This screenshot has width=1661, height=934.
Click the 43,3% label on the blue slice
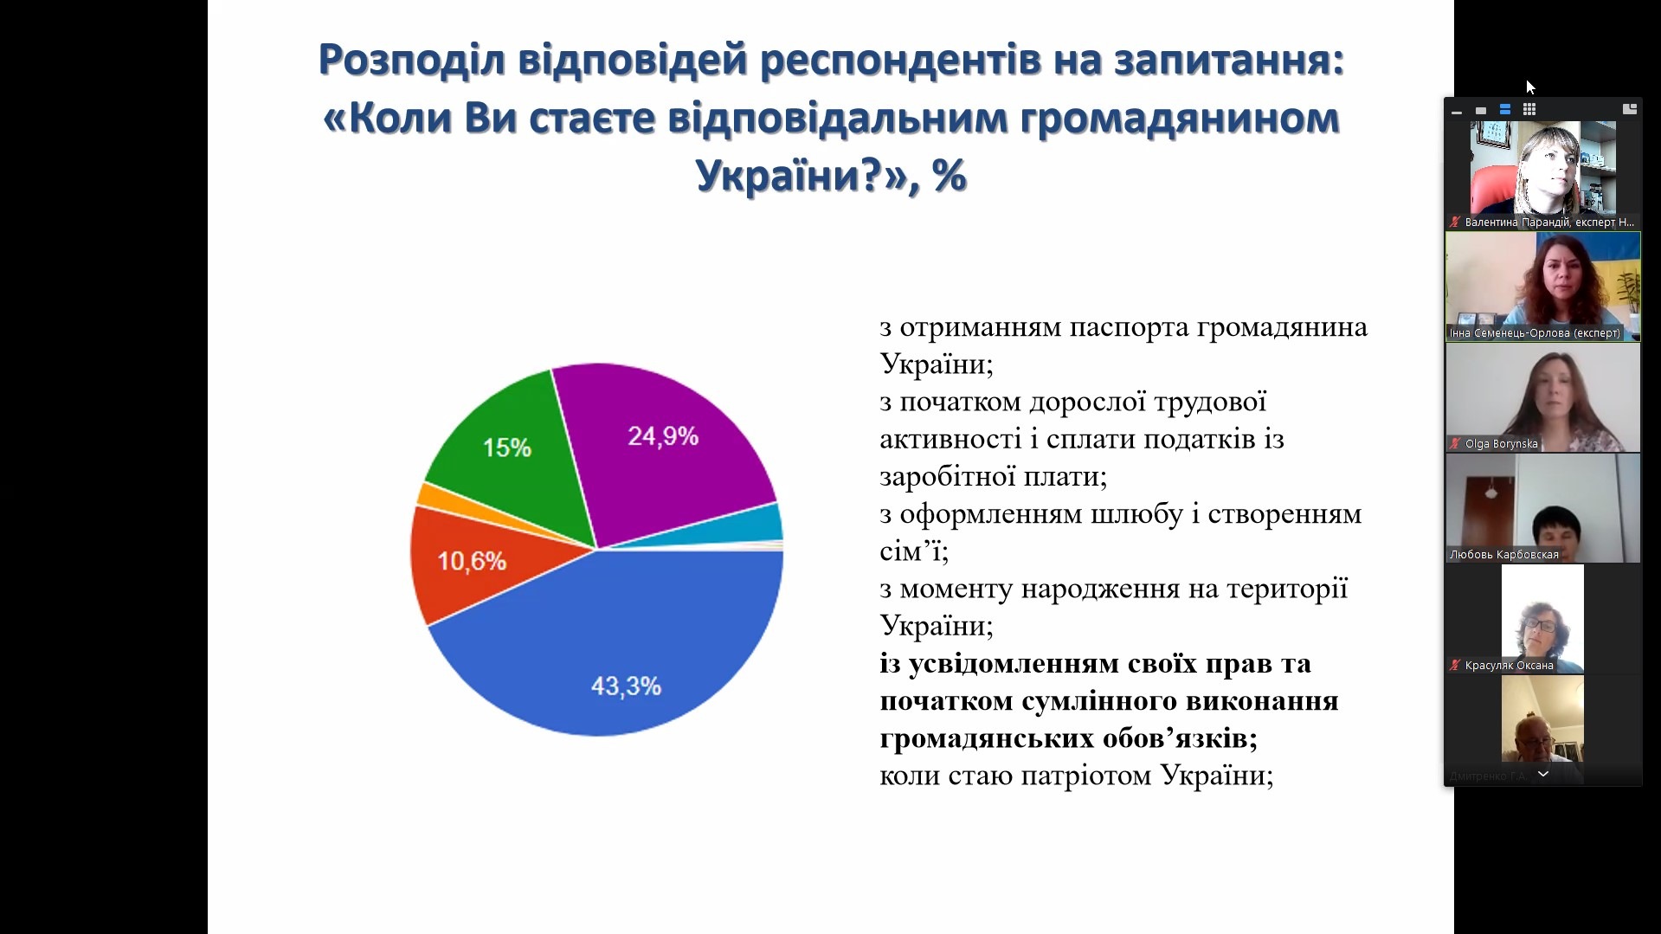(626, 686)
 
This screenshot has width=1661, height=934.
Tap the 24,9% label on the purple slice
(663, 436)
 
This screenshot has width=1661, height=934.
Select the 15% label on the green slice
(507, 448)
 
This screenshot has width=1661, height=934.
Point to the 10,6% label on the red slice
(472, 561)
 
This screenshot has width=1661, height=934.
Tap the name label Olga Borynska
(1501, 444)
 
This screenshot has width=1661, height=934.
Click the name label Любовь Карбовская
(1503, 555)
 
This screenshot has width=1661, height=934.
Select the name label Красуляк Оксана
(1509, 666)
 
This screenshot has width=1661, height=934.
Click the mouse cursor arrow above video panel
(1529, 86)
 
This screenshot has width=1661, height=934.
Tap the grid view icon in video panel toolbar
(1529, 110)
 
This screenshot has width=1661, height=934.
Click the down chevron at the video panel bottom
(1542, 774)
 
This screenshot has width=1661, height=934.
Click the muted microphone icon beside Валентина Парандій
(1455, 222)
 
